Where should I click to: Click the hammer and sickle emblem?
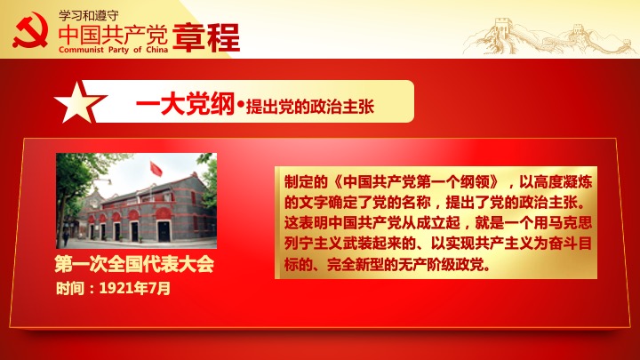(30, 30)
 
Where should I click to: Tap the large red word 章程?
(206, 37)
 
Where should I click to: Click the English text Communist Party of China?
(113, 50)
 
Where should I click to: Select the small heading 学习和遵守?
(89, 15)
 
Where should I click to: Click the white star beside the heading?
(79, 102)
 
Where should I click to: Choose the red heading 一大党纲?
(185, 104)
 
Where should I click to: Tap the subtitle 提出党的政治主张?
(310, 107)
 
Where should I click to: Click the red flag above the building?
(156, 169)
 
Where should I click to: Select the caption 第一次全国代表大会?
(134, 265)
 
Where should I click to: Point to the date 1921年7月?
(135, 288)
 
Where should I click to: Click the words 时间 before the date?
(70, 289)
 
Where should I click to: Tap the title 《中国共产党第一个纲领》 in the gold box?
(415, 182)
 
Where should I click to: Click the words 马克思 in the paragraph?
(570, 223)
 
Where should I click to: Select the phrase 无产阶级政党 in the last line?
(441, 265)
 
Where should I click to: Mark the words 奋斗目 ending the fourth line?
(570, 244)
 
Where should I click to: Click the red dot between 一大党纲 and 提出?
(240, 105)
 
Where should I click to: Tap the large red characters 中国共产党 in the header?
(113, 35)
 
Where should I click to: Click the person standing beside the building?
(66, 237)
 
